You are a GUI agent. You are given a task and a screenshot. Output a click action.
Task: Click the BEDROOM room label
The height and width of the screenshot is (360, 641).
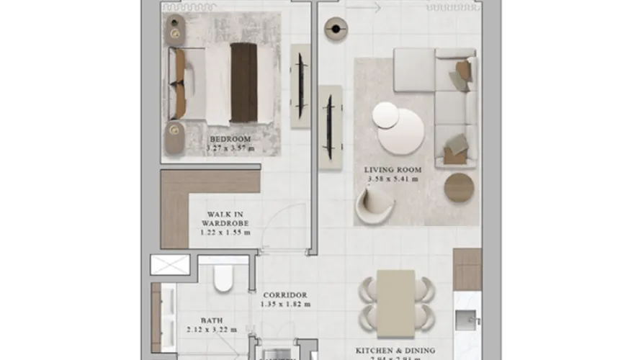point(230,139)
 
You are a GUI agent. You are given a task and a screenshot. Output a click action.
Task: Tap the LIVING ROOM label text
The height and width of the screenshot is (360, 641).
point(393,170)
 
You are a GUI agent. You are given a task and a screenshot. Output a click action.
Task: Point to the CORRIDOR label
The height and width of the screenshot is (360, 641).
point(285,295)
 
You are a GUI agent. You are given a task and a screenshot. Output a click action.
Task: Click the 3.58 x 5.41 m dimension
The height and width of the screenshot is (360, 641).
point(393,179)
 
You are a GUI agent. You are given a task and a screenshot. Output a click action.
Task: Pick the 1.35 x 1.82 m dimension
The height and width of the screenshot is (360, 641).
point(285,305)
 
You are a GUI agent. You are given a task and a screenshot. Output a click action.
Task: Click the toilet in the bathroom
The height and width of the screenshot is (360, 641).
point(224,279)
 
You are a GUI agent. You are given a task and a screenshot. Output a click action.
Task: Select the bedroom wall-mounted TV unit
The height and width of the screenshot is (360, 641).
point(300,86)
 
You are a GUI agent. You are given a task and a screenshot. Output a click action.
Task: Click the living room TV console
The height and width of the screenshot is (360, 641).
point(330,127)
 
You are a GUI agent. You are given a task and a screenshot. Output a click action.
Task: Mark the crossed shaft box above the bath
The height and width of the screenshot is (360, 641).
point(169,264)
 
